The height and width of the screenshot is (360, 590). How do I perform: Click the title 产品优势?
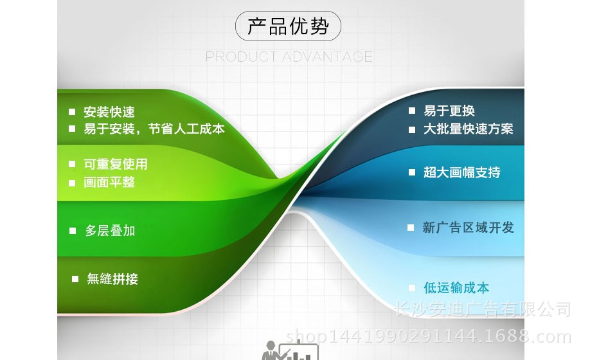288,26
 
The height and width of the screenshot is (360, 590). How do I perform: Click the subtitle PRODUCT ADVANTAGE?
289,57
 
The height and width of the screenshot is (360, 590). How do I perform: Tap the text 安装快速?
109,112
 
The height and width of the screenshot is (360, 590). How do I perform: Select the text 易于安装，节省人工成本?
154,129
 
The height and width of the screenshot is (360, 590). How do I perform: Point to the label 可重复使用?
116,164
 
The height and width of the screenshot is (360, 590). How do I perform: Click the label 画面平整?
109,183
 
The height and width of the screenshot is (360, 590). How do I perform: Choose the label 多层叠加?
111,231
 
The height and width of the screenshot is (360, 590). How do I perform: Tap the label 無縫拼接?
112,279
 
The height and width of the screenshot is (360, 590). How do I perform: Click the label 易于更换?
449,111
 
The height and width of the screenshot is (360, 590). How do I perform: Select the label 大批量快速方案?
469,129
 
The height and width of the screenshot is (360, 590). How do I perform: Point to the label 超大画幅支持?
462,172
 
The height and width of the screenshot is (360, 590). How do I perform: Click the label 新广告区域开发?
468,228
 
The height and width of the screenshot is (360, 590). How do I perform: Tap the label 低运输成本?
456,288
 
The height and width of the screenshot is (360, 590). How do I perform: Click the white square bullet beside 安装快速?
72,112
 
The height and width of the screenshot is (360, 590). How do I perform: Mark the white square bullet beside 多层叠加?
73,231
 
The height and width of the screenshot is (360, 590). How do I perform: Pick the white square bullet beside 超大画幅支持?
412,172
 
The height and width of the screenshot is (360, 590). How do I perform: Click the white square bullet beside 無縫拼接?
75,279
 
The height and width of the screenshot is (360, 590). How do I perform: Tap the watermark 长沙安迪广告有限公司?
483,309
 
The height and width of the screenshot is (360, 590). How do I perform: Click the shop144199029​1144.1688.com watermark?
429,336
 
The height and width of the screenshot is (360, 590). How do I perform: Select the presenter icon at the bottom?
290,350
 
